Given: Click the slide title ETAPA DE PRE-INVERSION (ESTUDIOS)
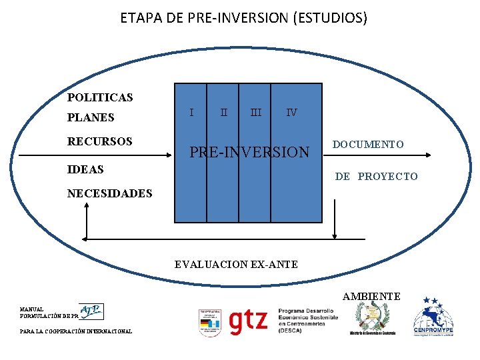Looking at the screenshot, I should (243, 18).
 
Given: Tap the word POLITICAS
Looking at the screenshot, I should (100, 97).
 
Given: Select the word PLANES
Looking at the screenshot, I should (91, 117).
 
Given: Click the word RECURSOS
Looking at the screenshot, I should (99, 141).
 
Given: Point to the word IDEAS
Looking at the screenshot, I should (85, 169).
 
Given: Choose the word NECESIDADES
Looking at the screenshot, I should (110, 193).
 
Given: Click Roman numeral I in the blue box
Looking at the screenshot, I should (192, 113).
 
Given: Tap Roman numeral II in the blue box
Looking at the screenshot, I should (223, 113).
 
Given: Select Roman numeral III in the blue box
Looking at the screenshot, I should (255, 113).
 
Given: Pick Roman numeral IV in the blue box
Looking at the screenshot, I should (291, 113).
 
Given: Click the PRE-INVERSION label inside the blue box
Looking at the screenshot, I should (250, 153).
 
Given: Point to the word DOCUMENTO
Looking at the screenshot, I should (368, 144).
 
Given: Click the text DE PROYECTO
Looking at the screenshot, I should (376, 176).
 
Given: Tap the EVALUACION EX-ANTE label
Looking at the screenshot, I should (236, 265).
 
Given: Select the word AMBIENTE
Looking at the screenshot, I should (371, 296).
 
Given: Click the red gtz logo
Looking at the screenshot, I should (248, 321).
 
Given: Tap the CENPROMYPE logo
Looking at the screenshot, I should (433, 319).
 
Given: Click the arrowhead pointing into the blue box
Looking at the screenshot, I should (169, 155).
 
